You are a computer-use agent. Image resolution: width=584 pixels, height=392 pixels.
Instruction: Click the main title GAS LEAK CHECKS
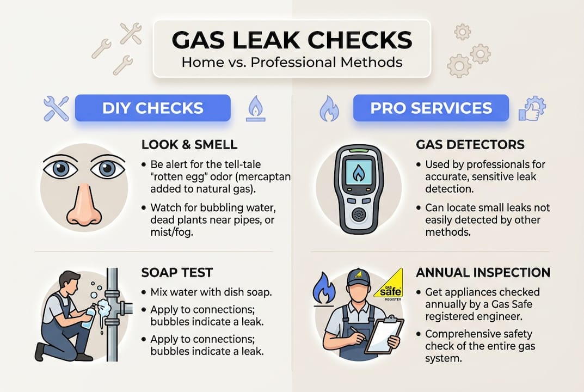tap(292, 40)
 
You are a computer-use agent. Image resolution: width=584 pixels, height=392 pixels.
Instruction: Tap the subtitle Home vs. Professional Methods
tap(292, 62)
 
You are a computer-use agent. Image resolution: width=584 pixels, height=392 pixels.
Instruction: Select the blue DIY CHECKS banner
tap(152, 108)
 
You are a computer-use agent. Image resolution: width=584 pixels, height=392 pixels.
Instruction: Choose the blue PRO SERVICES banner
tap(431, 108)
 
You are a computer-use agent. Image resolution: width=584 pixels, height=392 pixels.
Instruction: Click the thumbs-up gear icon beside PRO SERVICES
tap(532, 108)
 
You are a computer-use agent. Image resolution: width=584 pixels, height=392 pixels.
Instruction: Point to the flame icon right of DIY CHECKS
tap(255, 108)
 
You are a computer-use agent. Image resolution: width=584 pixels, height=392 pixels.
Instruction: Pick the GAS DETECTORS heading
tap(470, 145)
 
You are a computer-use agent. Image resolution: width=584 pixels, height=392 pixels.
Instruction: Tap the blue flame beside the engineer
tap(324, 289)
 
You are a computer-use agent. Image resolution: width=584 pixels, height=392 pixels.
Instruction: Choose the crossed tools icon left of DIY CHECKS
tap(56, 108)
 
